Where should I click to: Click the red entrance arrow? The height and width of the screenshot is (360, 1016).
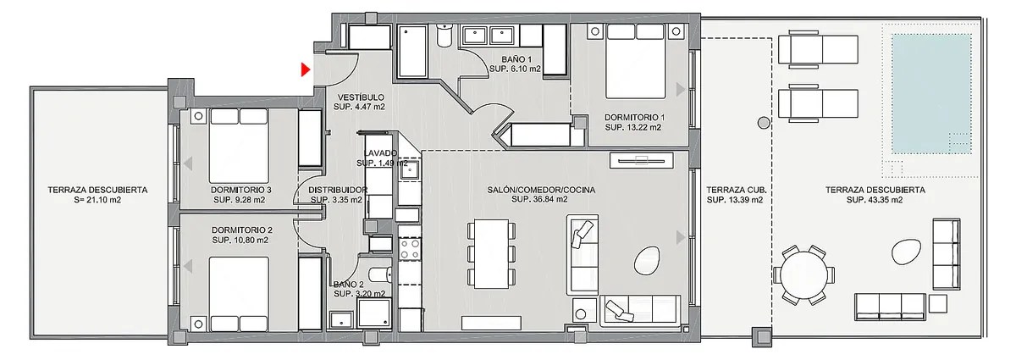(x=306, y=69)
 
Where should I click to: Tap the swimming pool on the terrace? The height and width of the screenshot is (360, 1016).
(x=931, y=94)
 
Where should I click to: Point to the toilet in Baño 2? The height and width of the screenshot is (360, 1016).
(x=380, y=274)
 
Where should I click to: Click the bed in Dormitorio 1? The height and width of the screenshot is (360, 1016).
(x=636, y=61)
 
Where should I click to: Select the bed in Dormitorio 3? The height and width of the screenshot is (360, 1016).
(x=239, y=146)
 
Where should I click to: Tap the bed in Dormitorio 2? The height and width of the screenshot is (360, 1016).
(x=239, y=294)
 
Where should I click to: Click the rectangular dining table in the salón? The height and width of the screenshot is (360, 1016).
(x=491, y=254)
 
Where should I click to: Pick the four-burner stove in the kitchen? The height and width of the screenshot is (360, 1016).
(x=410, y=250)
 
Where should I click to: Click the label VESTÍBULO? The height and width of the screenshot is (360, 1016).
(x=361, y=97)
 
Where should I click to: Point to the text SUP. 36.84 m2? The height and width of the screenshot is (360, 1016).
(x=540, y=199)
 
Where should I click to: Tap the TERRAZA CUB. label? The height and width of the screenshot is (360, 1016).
(x=736, y=190)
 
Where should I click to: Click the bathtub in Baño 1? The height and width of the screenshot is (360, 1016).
(x=413, y=50)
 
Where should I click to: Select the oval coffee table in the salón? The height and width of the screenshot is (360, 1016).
(x=646, y=261)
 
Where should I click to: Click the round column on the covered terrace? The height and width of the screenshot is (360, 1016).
(x=764, y=123)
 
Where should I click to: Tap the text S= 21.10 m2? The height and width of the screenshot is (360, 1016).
(x=97, y=200)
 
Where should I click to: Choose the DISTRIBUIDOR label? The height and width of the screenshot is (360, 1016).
(x=338, y=190)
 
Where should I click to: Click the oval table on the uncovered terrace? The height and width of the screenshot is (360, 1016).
(x=906, y=252)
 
